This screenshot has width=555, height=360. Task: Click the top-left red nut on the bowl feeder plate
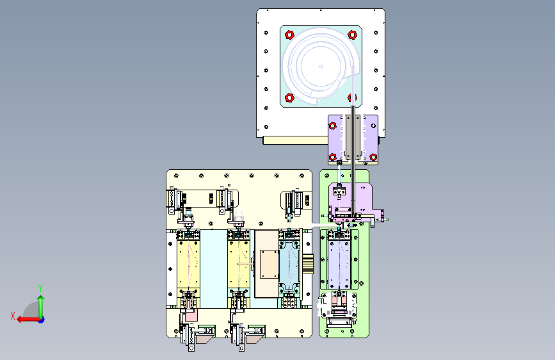pos(289,35)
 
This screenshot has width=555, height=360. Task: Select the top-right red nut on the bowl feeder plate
pos(352,35)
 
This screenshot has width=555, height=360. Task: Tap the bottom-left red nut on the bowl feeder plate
pos(289,97)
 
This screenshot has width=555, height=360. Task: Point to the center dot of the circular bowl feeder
pos(321,66)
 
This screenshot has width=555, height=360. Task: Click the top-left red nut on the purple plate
pos(332,126)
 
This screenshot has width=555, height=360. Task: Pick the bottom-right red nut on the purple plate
pos(373,157)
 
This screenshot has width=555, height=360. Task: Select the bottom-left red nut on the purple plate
pos(333,157)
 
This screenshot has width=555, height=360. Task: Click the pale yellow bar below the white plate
pos(296,141)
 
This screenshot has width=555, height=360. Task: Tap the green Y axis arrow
pos(41,307)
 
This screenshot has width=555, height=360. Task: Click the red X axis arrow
pos(28,320)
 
